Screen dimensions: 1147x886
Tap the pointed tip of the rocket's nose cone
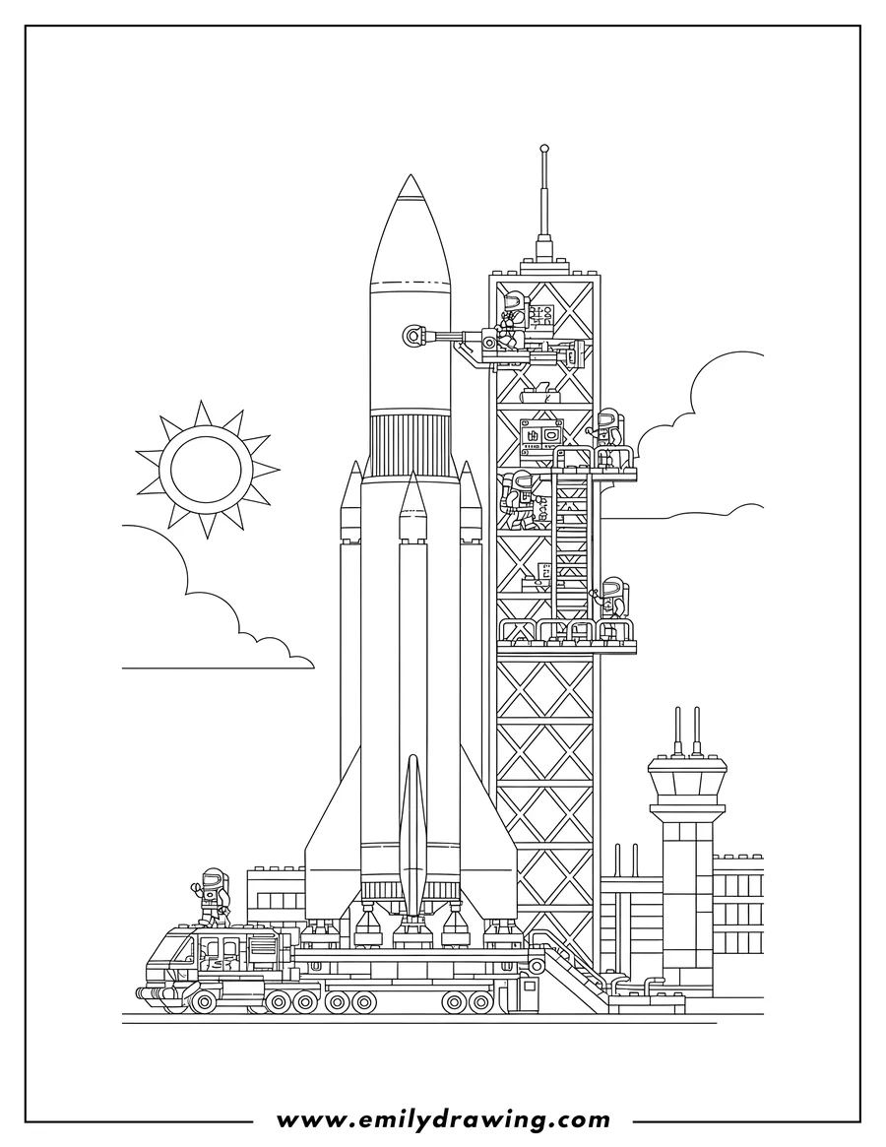[410, 177]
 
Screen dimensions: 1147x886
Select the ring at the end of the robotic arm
[412, 338]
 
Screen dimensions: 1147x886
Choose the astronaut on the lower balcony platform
[613, 600]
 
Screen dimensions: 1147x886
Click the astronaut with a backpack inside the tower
[518, 497]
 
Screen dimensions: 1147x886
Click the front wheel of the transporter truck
[204, 1001]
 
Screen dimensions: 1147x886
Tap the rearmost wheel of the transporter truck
[481, 1001]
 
